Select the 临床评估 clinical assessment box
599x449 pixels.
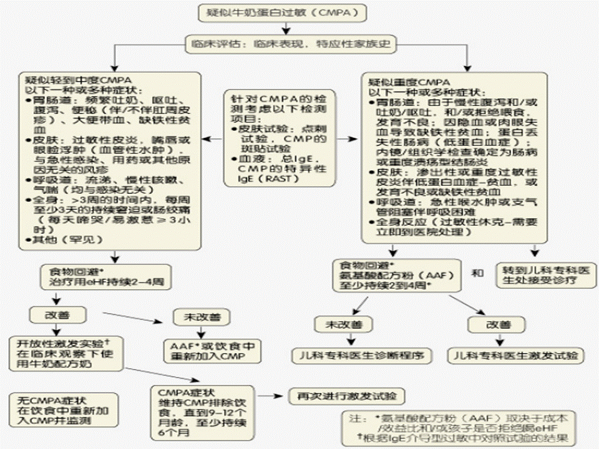[x=291, y=45]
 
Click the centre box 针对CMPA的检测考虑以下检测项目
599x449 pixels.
[x=279, y=138]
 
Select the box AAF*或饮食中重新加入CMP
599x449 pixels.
[x=212, y=350]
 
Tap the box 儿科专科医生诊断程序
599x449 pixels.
[x=362, y=355]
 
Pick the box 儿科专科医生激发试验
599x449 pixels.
[x=517, y=355]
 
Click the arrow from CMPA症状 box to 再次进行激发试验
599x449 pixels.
[x=270, y=396]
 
